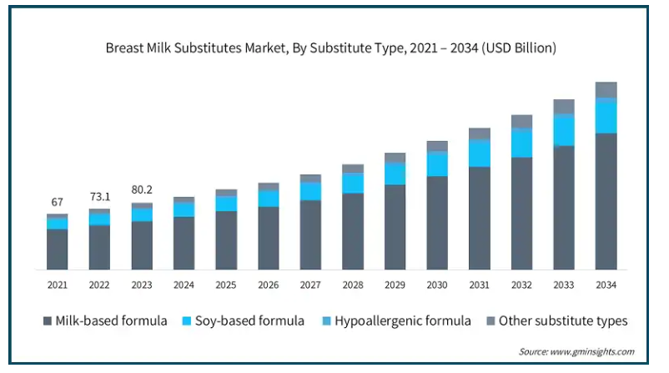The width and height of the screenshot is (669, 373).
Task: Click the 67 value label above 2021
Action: pos(58,203)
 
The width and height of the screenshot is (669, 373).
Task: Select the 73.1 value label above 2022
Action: pos(99,196)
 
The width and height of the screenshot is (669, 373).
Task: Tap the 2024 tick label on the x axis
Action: pos(184,285)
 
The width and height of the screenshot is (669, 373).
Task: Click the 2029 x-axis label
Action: pos(395,285)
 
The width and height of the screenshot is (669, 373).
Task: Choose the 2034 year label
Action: pos(606,285)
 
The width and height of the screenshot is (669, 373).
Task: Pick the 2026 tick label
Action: pos(268,285)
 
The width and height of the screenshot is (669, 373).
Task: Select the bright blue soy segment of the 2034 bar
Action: pos(606,116)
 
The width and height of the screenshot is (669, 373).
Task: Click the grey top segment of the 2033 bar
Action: pos(564,106)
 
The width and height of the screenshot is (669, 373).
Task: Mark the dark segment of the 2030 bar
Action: pos(437,223)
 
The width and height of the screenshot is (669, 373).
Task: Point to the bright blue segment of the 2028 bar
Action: pos(353,183)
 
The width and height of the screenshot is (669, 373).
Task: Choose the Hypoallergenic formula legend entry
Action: pos(395,320)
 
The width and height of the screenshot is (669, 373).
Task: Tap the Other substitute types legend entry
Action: pos(554,320)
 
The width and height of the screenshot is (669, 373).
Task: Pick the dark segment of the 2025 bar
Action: pos(226,240)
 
